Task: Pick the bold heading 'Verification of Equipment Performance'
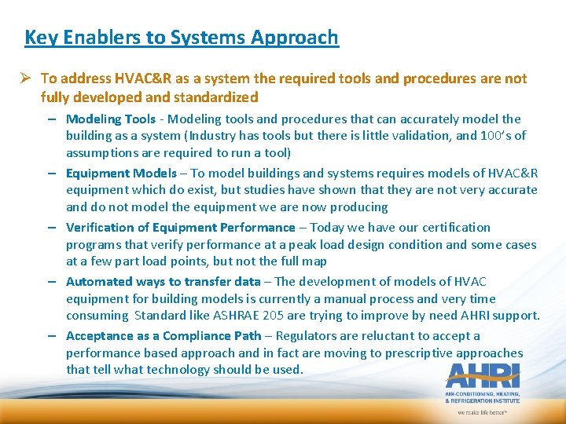tap(180, 228)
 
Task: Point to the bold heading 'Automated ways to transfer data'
tap(163, 282)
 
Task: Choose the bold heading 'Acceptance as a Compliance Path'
tap(164, 336)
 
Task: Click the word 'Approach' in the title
tap(299, 37)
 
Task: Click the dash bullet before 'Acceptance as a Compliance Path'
tap(50, 336)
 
